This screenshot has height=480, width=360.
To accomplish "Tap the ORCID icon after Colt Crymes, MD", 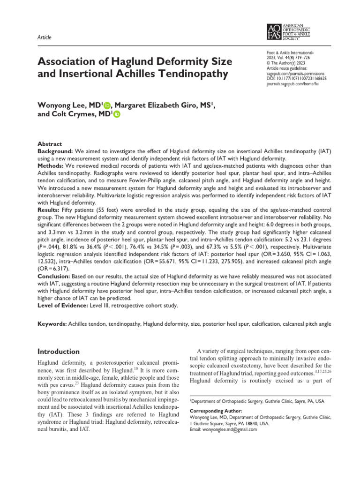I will point(116,115).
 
